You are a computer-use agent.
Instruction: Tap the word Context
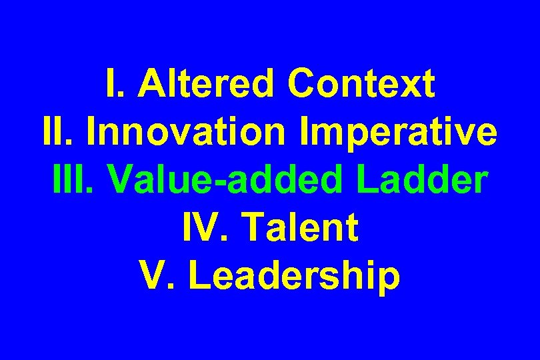[x=362, y=85]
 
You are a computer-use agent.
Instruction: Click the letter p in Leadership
[x=388, y=280]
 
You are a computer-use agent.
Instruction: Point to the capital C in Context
[x=302, y=85]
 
